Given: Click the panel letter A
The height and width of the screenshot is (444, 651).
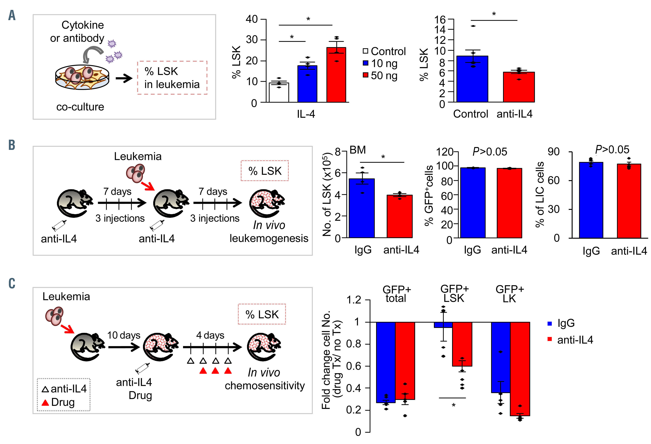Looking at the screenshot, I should pyautogui.click(x=12, y=15).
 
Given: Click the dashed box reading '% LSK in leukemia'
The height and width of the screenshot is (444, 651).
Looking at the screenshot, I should pyautogui.click(x=172, y=78).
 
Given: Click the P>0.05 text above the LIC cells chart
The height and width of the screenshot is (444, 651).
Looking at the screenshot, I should pyautogui.click(x=612, y=150).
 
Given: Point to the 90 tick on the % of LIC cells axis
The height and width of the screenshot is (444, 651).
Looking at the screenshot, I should pyautogui.click(x=553, y=152).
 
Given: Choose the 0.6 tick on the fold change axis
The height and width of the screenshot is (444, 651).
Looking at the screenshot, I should pyautogui.click(x=354, y=366).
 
